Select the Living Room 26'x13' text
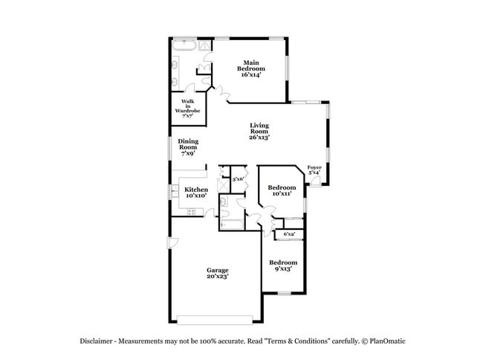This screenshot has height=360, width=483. coord(259,132)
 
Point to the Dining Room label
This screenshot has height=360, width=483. coord(187,147)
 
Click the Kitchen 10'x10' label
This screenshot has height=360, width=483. coord(195,193)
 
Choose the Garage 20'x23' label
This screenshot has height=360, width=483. coord(218,273)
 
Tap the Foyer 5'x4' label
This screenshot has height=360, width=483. coord(314,170)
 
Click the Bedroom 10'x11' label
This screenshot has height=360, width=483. coord(282,190)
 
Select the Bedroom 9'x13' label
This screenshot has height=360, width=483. coord(283,266)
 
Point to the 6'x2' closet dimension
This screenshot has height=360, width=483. coord(289,234)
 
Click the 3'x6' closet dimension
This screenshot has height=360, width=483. coord(238,179)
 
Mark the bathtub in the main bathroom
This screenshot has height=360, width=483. coord(184,46)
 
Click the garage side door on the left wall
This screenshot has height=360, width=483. coord(172,242)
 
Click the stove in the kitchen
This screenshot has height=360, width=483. coord(191,212)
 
